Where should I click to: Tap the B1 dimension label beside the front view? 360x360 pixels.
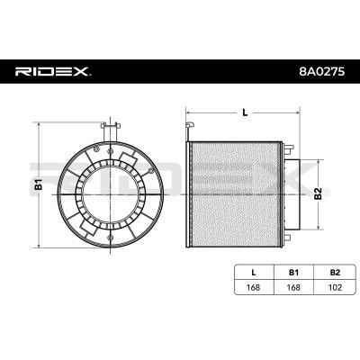click(x=39, y=185)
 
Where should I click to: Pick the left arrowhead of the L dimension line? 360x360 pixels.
click(x=188, y=117)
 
